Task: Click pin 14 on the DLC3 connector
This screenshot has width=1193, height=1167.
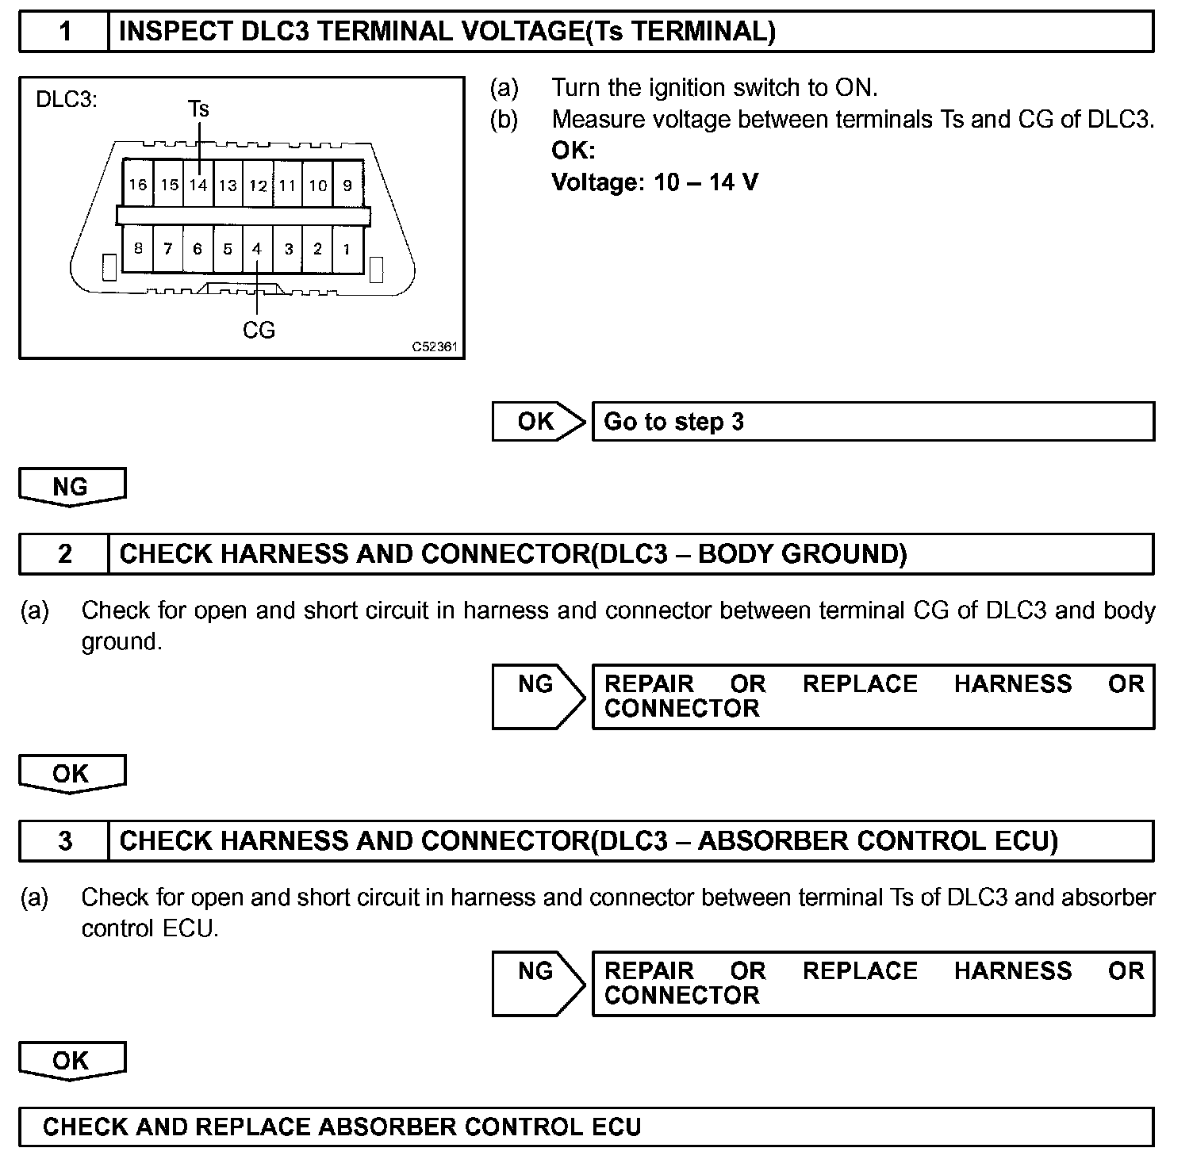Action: pyautogui.click(x=198, y=185)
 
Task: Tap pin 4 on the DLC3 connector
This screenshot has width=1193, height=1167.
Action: pyautogui.click(x=257, y=249)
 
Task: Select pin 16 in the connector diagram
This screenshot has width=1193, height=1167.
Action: pyautogui.click(x=138, y=185)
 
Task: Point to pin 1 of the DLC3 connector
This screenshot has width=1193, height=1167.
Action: pyautogui.click(x=347, y=249)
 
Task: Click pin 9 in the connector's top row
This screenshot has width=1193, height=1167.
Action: pyautogui.click(x=347, y=185)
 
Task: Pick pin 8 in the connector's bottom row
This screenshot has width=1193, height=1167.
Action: pyautogui.click(x=138, y=249)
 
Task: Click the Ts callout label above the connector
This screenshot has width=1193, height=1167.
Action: pyautogui.click(x=198, y=109)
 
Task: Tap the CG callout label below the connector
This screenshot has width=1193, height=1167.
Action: pyautogui.click(x=259, y=330)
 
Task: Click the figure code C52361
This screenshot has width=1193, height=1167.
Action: pyautogui.click(x=435, y=347)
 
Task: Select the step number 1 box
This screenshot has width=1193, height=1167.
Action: pyautogui.click(x=64, y=32)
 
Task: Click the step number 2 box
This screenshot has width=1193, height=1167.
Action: pyautogui.click(x=64, y=553)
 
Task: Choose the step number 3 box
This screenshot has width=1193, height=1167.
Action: pyautogui.click(x=64, y=840)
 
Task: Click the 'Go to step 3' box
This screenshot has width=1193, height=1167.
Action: pyautogui.click(x=873, y=421)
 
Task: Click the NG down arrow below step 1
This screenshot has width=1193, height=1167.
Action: pyautogui.click(x=71, y=486)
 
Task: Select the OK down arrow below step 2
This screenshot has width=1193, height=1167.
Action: pyautogui.click(x=71, y=774)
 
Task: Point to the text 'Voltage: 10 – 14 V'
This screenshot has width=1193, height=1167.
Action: pyautogui.click(x=654, y=182)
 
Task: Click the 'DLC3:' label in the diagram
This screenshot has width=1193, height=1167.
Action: pyautogui.click(x=67, y=101)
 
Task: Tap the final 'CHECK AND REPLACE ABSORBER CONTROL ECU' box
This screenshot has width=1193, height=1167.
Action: pyautogui.click(x=585, y=1127)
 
